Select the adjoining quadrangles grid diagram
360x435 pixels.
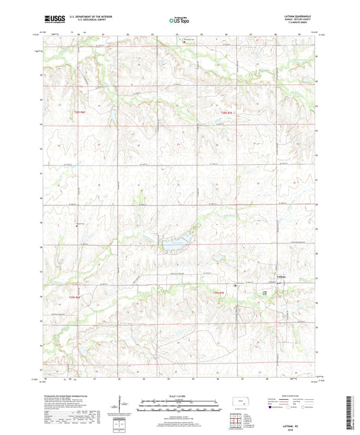pyautogui.click(x=238, y=420)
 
